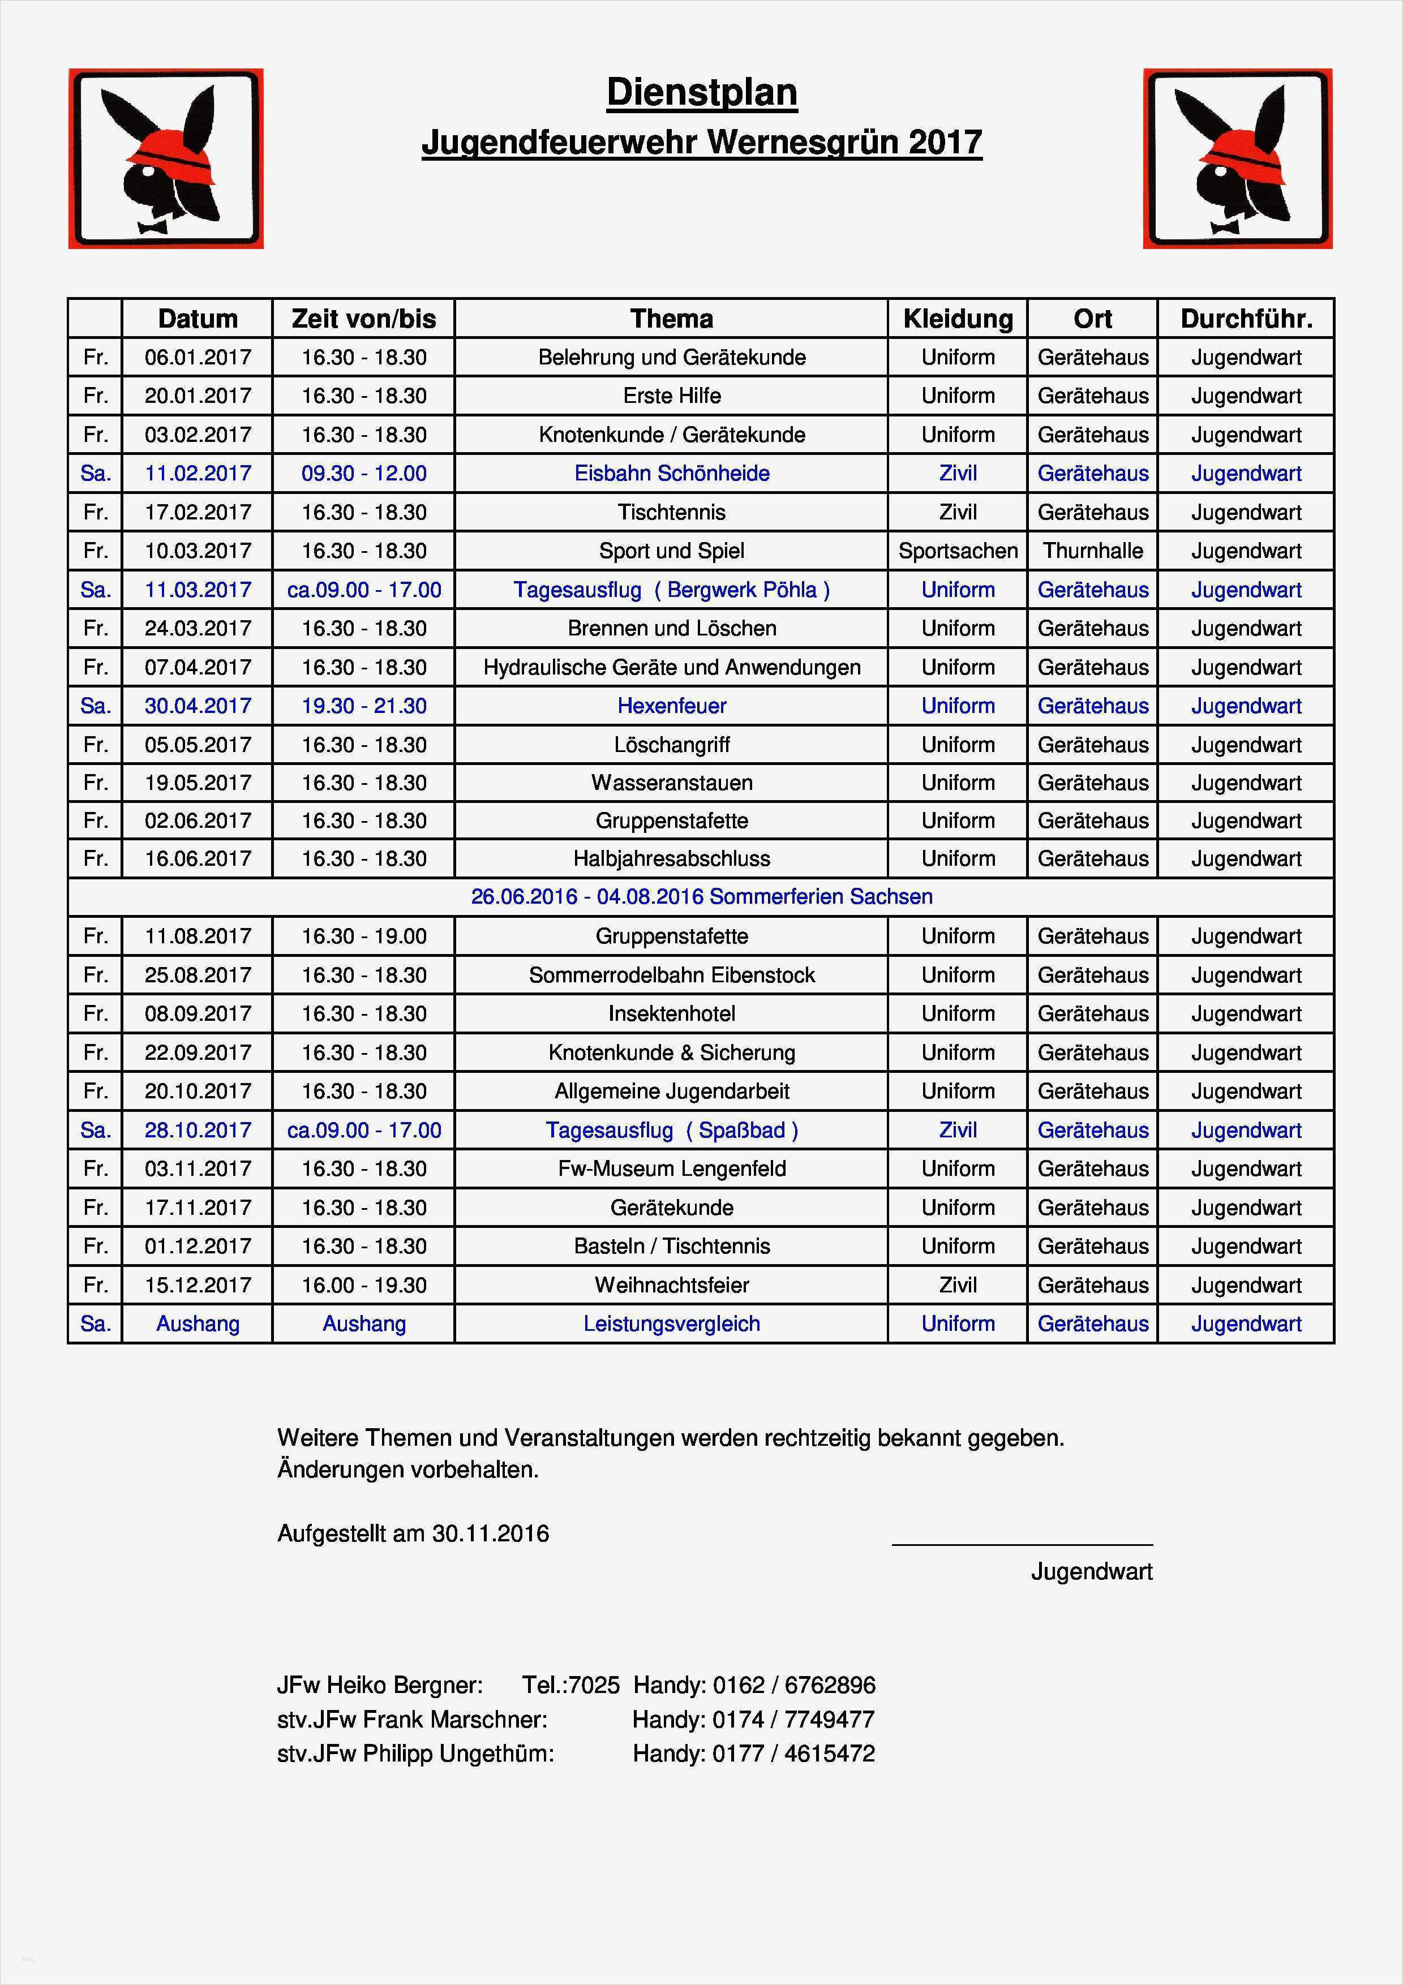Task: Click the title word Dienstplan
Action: pyautogui.click(x=701, y=92)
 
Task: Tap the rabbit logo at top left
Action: pyautogui.click(x=166, y=159)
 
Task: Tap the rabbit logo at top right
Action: pyautogui.click(x=1237, y=159)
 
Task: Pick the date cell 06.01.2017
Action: pyautogui.click(x=198, y=357)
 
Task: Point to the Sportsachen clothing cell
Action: pyautogui.click(x=957, y=551)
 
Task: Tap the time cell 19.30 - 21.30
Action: pyautogui.click(x=364, y=706)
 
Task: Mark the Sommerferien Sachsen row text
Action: pyautogui.click(x=701, y=896)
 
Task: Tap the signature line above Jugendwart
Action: pyautogui.click(x=1022, y=1544)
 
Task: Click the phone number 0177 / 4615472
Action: pyautogui.click(x=793, y=1754)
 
